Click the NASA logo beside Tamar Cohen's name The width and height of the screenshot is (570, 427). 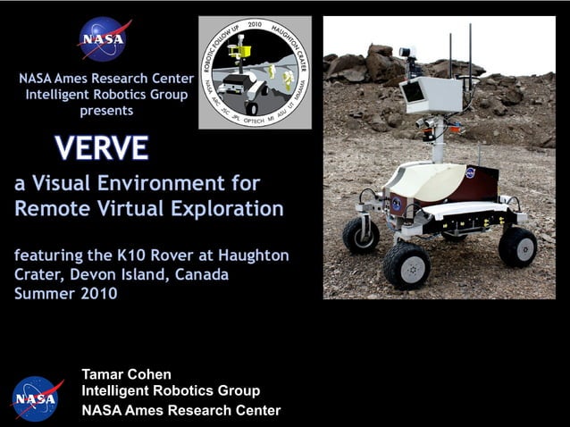coord(38,398)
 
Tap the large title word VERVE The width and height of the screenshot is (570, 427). coord(101,147)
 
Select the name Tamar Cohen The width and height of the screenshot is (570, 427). coord(126,374)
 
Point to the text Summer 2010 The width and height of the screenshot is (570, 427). coord(65,293)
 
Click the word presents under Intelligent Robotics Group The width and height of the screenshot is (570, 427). coord(106,111)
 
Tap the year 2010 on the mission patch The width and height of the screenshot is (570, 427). coord(255,25)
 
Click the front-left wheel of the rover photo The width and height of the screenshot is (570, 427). coord(406,264)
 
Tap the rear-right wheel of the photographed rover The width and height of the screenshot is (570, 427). coord(517,246)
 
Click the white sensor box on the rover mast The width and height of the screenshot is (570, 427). coord(431,94)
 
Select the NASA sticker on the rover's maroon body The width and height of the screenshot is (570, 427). coord(470,172)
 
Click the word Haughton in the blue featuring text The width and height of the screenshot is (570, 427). coord(255,255)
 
